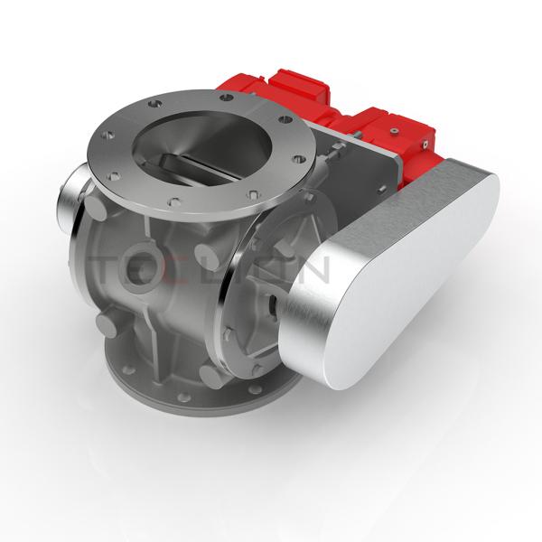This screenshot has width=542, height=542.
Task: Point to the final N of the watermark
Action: (315, 270)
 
